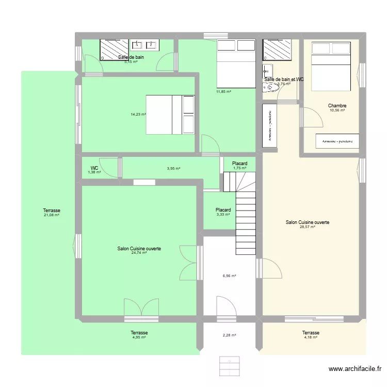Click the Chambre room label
(x=336, y=106)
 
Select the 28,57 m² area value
(x=308, y=227)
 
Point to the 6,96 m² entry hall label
(x=229, y=276)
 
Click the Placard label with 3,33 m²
(x=223, y=210)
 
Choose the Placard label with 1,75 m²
(x=239, y=164)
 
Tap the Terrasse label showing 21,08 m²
(x=52, y=211)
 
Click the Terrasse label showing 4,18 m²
(x=311, y=333)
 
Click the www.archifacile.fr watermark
(x=355, y=369)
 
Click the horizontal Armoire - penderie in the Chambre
(x=337, y=141)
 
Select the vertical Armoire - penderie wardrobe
(x=269, y=125)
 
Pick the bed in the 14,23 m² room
(x=170, y=115)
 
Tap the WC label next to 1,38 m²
(x=94, y=168)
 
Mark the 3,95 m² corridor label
(x=173, y=168)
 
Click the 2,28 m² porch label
(x=229, y=335)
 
